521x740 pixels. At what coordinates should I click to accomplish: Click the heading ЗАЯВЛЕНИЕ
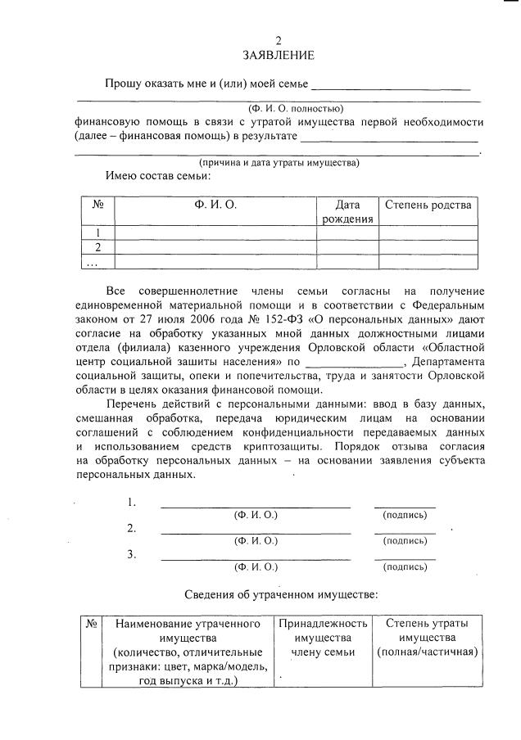(278, 56)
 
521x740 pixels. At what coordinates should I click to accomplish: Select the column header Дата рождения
(347, 211)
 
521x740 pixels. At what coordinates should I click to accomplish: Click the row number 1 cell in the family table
(97, 233)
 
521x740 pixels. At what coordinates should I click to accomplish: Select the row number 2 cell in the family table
(97, 247)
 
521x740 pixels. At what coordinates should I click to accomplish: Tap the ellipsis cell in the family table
(93, 262)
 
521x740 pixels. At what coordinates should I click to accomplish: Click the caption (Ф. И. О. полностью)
(296, 108)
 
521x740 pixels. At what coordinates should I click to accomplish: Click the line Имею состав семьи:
(158, 175)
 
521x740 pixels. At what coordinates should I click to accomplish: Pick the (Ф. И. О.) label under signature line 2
(256, 540)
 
